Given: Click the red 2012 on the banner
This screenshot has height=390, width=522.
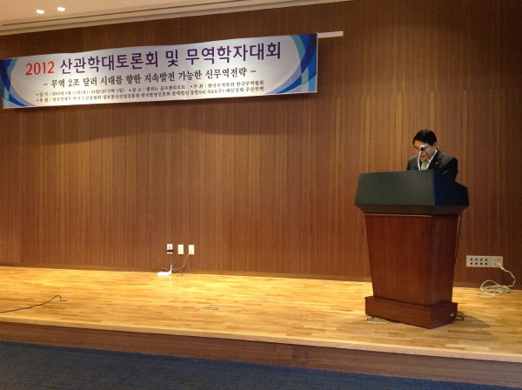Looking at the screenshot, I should pyautogui.click(x=39, y=68).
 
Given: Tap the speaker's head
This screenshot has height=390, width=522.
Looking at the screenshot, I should pyautogui.click(x=425, y=143).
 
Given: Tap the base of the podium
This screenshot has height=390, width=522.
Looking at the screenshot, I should pyautogui.click(x=409, y=311).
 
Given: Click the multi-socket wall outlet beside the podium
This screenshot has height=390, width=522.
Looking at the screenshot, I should pyautogui.click(x=484, y=261).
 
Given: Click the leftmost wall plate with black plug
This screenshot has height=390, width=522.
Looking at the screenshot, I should pyautogui.click(x=170, y=249).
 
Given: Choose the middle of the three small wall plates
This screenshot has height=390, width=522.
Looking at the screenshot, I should pyautogui.click(x=181, y=249).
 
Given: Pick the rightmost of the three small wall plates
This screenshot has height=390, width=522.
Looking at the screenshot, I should pyautogui.click(x=191, y=249).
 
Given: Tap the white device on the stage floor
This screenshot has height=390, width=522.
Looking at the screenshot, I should pyautogui.click(x=164, y=273).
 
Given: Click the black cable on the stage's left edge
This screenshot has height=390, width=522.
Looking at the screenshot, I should pyautogui.click(x=30, y=305).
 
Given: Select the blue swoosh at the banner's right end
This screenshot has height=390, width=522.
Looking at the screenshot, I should pyautogui.click(x=304, y=65).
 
